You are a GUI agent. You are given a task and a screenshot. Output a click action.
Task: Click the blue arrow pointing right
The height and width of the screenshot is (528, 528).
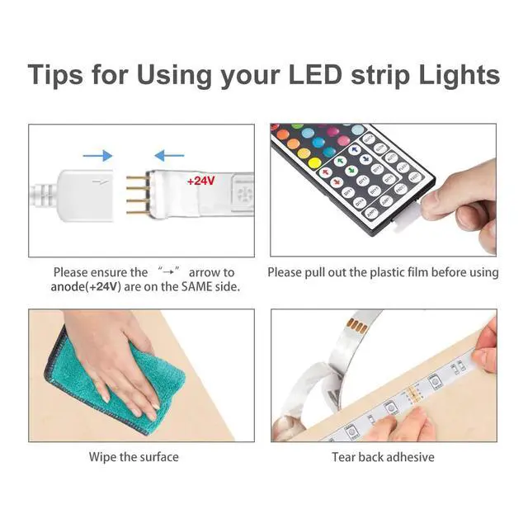coord(98,155)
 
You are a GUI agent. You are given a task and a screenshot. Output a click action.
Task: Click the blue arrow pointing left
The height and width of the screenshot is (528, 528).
coord(170,155)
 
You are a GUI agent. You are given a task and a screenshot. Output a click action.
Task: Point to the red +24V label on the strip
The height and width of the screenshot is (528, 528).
coord(200,181)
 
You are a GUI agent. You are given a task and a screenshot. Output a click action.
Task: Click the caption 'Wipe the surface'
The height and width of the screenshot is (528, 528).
coord(134,456)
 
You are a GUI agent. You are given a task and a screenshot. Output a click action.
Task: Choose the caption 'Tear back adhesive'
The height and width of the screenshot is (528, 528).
coord(383,456)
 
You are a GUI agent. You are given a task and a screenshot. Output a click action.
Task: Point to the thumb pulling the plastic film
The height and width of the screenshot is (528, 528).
coord(446,198)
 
